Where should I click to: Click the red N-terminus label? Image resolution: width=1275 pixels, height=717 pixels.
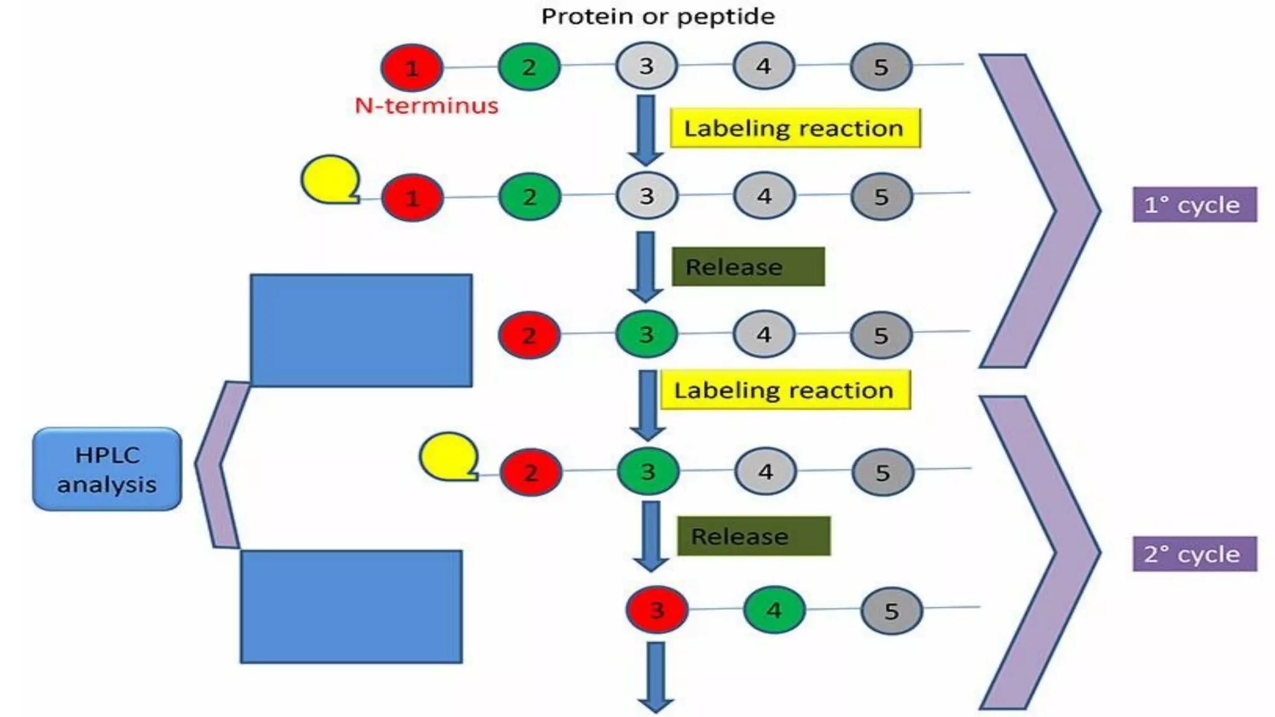point(426,106)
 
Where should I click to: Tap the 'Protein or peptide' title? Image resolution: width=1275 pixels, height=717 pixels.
point(657,16)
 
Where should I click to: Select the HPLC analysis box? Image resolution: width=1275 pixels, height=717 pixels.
point(107,469)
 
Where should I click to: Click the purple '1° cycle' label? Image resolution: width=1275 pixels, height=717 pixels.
point(1194,205)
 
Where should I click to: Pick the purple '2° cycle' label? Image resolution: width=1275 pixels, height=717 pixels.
point(1194,554)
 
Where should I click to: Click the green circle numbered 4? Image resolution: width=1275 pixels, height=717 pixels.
point(774,610)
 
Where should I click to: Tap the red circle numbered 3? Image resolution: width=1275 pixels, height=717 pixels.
point(657,610)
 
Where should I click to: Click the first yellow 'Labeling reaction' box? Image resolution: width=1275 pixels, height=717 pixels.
point(794,128)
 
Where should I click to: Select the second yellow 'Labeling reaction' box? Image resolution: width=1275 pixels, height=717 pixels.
point(784,390)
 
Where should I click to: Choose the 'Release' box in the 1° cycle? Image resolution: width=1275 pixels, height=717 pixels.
point(748,267)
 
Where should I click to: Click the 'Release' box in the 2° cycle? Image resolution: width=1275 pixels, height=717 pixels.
point(753,536)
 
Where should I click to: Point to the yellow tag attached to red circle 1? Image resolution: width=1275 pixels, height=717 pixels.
point(330,179)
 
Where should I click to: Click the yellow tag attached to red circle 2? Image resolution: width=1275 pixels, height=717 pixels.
point(448,456)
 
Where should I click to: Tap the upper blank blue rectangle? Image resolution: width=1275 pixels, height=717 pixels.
point(361,330)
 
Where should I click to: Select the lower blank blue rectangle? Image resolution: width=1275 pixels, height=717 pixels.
point(351,607)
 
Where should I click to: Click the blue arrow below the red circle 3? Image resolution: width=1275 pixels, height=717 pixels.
point(656,677)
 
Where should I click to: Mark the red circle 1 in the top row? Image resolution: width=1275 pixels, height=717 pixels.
point(412,67)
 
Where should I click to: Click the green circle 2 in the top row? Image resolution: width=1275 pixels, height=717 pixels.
point(529,67)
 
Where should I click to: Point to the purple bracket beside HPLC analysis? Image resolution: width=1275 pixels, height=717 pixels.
point(218,464)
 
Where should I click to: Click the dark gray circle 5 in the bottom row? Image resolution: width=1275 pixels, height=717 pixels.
point(891,611)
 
